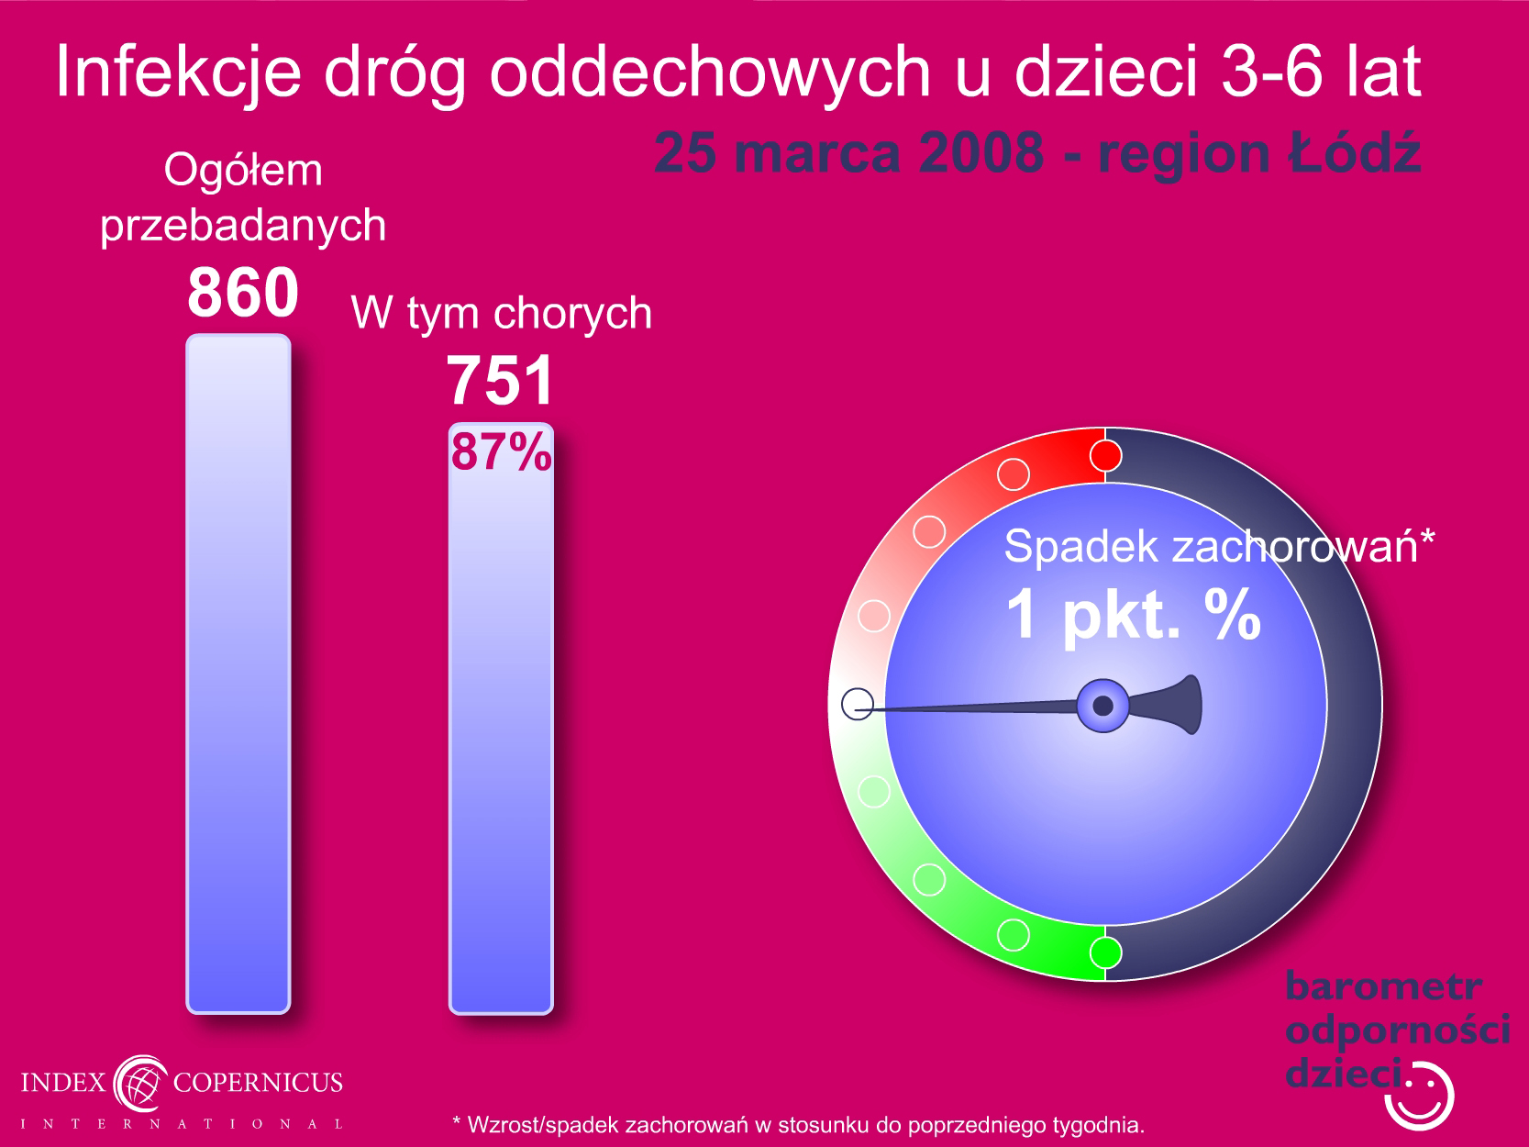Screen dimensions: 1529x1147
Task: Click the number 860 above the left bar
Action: click(243, 292)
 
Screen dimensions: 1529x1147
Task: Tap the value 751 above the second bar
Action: click(500, 381)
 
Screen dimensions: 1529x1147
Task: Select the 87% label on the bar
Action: click(501, 452)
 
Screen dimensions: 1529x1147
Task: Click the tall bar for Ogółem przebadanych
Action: click(238, 674)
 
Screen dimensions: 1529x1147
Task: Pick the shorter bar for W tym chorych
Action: click(501, 718)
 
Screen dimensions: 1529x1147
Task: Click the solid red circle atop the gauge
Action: click(1105, 456)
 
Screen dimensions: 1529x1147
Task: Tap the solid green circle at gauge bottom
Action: click(1105, 952)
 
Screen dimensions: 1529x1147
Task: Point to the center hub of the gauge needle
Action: click(1102, 706)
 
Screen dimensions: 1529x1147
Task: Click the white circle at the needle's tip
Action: click(858, 704)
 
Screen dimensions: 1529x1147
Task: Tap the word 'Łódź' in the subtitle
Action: click(1354, 152)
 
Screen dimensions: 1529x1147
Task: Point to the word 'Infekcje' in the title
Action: click(178, 72)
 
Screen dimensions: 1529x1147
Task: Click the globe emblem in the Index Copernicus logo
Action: click(139, 1083)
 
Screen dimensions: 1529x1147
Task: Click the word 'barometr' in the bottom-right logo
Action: click(1383, 986)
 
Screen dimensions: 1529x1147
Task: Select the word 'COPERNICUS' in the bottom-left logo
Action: click(258, 1082)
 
